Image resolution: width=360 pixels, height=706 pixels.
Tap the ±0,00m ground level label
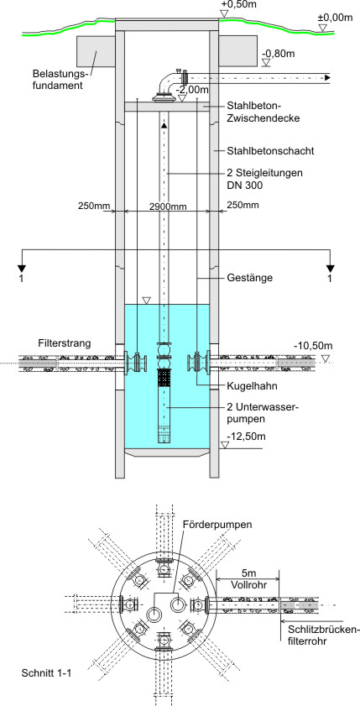coord(335,18)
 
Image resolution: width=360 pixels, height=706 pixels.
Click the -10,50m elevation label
coord(313,346)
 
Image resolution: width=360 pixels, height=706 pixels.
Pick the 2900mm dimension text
coord(167,206)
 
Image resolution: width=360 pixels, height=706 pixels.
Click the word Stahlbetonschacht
coord(270,151)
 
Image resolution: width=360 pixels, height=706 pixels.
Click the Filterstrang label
coord(65,343)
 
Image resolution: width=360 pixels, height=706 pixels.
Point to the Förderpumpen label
coord(218,525)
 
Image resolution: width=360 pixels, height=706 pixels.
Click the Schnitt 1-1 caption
coord(46,673)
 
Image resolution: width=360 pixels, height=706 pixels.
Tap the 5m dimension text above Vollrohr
coord(248,574)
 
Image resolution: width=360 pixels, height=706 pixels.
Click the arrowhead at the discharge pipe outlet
coord(328,77)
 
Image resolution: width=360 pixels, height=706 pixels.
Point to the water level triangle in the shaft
coord(145,301)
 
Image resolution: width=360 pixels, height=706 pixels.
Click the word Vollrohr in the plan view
coord(248,585)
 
